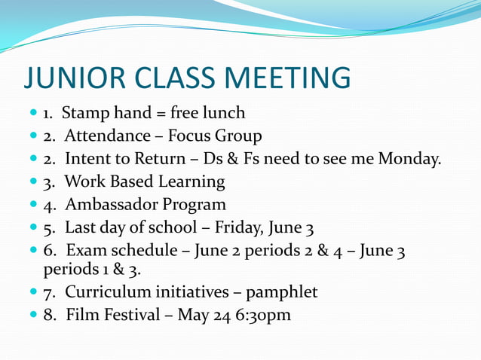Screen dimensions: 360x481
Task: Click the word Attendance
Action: [107, 136]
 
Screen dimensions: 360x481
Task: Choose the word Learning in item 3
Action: [193, 182]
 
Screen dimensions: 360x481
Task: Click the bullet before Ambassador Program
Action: [32, 205]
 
